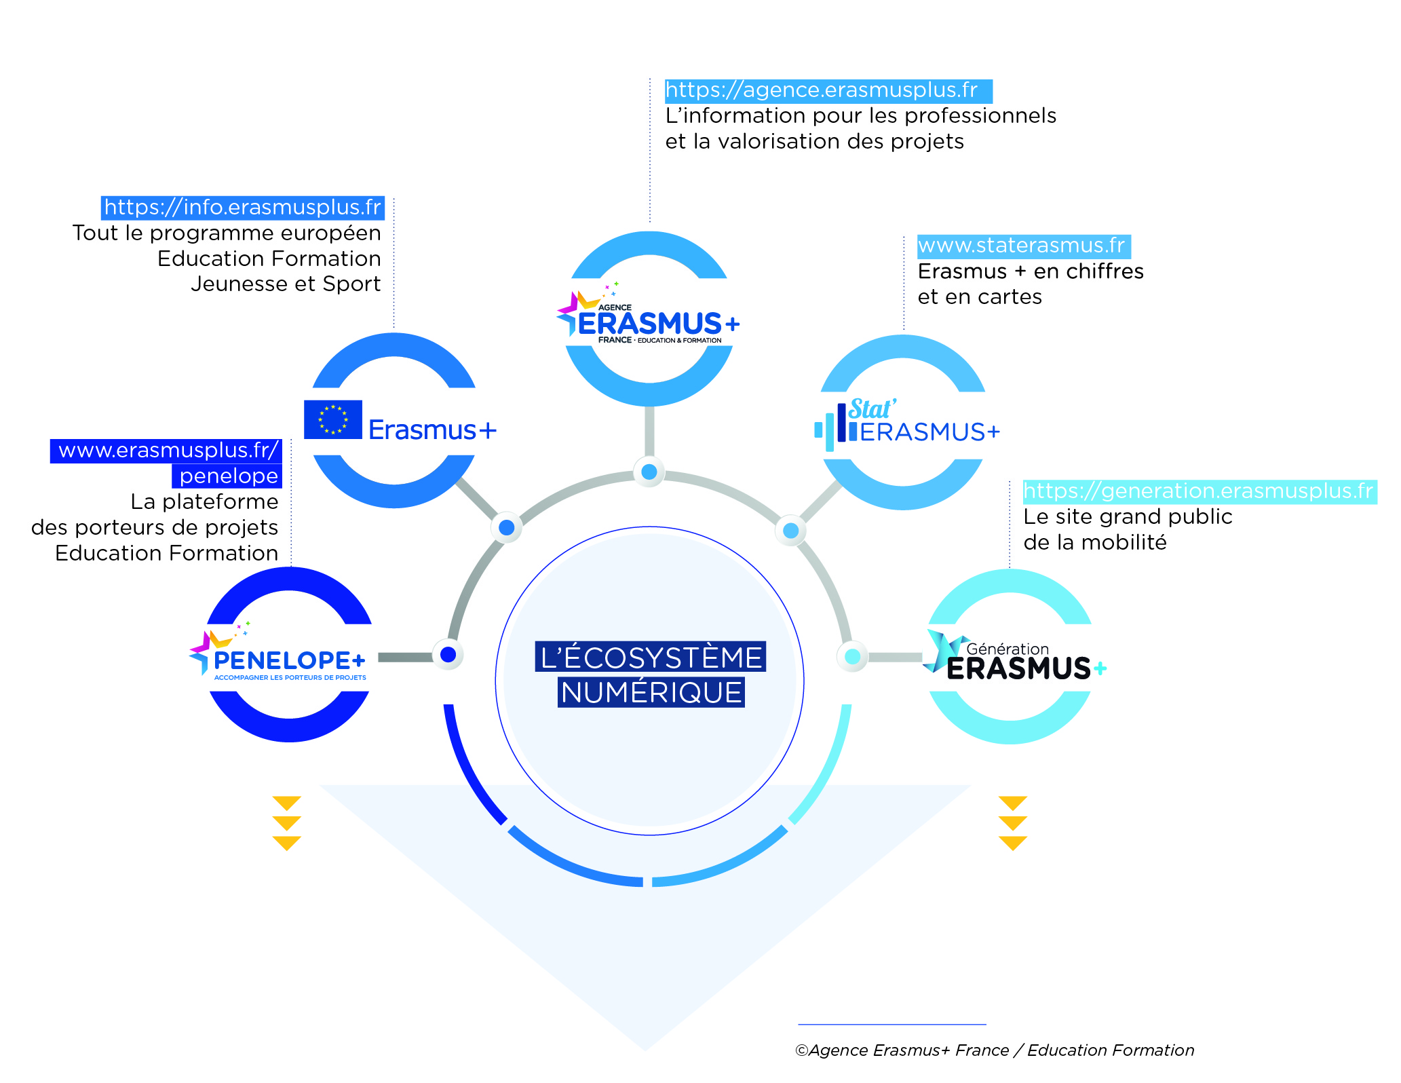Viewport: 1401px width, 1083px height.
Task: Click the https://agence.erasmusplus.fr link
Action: [x=821, y=90]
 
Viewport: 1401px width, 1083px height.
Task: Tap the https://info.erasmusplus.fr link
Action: [x=242, y=207]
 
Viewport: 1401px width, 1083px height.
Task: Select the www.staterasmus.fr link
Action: [x=1021, y=246]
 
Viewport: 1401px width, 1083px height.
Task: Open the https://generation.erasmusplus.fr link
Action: [x=1198, y=491]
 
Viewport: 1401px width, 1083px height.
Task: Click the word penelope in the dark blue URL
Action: [x=229, y=476]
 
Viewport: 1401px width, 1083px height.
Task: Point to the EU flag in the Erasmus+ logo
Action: [x=332, y=419]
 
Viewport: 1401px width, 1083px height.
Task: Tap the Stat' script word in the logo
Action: [x=872, y=409]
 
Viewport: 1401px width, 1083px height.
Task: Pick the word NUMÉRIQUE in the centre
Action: [x=651, y=693]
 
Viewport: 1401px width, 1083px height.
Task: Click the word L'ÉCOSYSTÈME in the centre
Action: [x=651, y=658]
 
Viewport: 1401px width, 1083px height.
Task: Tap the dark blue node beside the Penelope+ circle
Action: [x=448, y=655]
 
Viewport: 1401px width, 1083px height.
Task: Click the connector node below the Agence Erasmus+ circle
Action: [x=649, y=472]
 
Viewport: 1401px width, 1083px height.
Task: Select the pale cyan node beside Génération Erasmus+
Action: [x=853, y=656]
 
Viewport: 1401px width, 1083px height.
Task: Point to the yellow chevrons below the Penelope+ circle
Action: [x=286, y=823]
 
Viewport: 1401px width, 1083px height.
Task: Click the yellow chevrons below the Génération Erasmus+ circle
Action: [x=1012, y=823]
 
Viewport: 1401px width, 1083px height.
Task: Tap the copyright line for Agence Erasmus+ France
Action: [x=994, y=1050]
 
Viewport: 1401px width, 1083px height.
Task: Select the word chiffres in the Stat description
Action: [x=1105, y=271]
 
